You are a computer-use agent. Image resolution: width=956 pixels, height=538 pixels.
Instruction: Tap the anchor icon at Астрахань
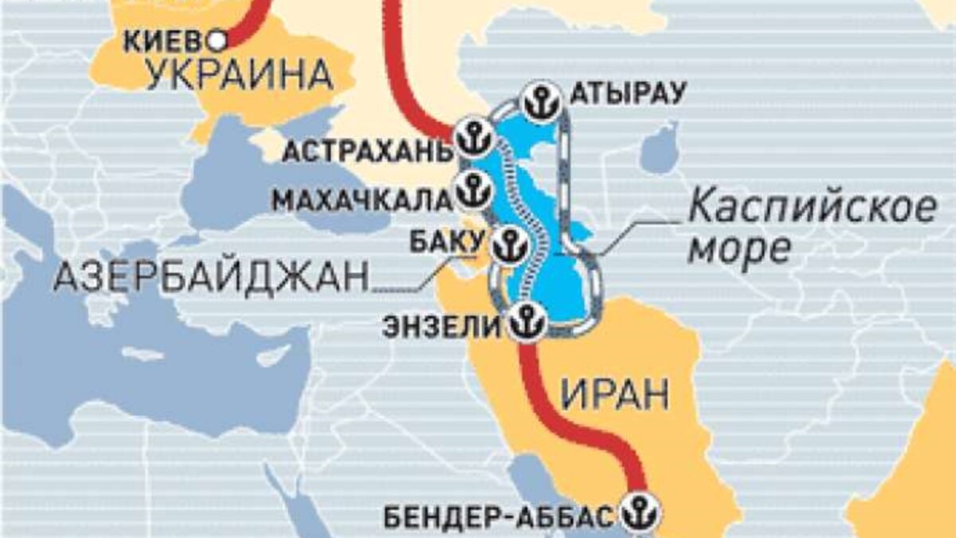pyautogui.click(x=476, y=136)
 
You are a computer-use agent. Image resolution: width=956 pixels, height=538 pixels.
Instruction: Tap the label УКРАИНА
pyautogui.click(x=239, y=77)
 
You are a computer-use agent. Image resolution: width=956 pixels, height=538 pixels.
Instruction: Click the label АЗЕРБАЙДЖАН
pyautogui.click(x=211, y=277)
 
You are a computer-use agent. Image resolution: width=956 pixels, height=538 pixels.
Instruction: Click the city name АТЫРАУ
pyautogui.click(x=628, y=95)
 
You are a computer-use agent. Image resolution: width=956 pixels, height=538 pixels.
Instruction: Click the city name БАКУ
pyautogui.click(x=447, y=240)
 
